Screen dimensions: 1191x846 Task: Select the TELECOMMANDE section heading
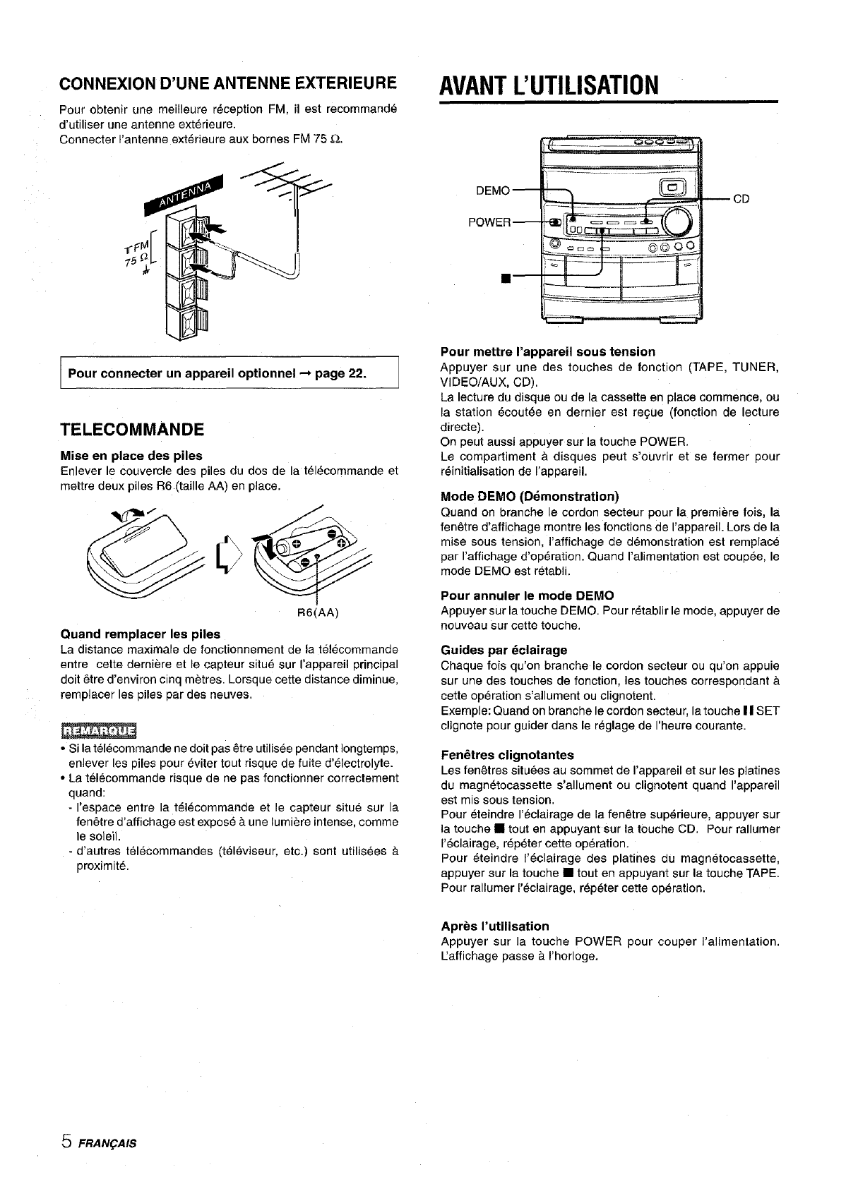click(133, 430)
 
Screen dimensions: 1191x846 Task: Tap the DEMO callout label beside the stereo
click(493, 191)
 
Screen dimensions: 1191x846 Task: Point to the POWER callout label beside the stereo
click(489, 223)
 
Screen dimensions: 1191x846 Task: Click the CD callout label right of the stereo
click(741, 200)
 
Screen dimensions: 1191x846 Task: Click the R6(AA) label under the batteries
click(320, 612)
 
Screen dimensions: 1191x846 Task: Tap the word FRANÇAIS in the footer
click(107, 1143)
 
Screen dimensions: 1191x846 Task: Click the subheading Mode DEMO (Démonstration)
click(530, 496)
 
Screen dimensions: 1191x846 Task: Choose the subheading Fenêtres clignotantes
click(507, 755)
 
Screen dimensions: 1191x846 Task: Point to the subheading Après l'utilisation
click(494, 926)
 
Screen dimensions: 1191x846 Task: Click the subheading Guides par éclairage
click(504, 649)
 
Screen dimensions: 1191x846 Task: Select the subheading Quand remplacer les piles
click(141, 634)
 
